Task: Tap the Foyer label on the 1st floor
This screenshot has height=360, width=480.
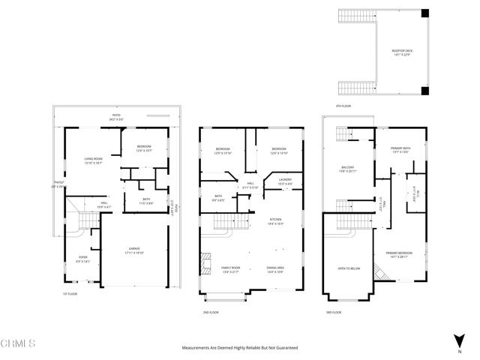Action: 82,259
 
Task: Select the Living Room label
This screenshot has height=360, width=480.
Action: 92,161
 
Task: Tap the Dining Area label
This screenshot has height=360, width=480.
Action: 276,269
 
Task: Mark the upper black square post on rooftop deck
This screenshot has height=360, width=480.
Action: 425,13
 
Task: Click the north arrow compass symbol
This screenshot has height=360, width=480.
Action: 458,347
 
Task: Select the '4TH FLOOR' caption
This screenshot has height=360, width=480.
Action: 343,106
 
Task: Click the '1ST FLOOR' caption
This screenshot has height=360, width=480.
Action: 70,294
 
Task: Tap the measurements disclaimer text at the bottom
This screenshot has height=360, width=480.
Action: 239,348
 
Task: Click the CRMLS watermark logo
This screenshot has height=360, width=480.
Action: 18,344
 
